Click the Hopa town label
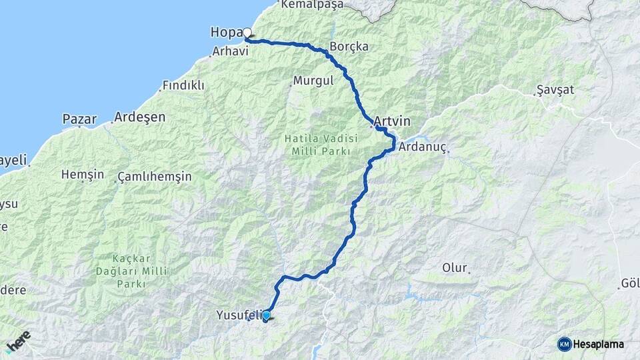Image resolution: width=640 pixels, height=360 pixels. (225, 33)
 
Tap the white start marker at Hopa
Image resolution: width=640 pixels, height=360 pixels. (247, 33)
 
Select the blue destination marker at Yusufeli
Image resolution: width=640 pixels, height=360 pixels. (267, 315)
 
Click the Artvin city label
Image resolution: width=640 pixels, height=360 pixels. (392, 122)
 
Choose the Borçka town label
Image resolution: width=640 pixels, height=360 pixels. (349, 47)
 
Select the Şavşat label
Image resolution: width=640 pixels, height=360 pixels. (555, 90)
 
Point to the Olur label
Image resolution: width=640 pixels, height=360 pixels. (455, 268)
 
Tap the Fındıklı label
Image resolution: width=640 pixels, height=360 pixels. (184, 86)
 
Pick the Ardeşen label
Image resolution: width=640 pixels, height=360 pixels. (139, 117)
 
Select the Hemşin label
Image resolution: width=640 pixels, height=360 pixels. (83, 175)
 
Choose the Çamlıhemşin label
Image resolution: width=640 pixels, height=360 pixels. (154, 177)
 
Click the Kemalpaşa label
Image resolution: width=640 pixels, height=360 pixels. (312, 5)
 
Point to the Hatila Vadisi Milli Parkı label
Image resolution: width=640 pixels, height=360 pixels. (321, 145)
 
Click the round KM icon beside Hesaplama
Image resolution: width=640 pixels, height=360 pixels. (564, 344)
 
